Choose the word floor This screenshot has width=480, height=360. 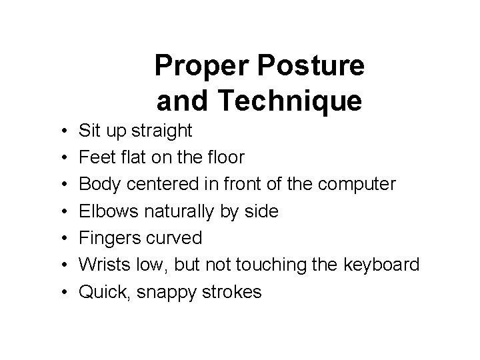pos(225,157)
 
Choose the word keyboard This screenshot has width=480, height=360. pos(382,265)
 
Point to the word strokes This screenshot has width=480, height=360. pos(234,291)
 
